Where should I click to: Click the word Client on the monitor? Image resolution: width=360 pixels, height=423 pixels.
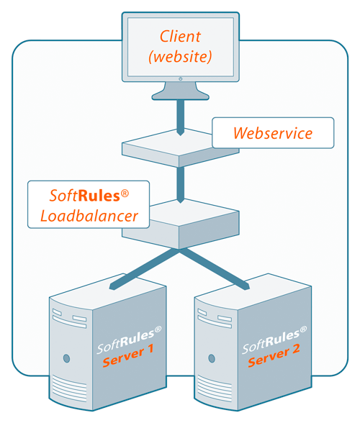click(180, 37)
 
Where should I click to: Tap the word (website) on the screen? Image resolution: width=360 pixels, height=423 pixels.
click(180, 57)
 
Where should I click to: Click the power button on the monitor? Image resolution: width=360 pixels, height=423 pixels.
click(181, 79)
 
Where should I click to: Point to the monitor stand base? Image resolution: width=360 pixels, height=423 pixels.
click(181, 95)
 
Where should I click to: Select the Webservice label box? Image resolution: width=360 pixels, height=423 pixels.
click(273, 132)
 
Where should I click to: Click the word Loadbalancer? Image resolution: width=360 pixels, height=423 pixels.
click(89, 216)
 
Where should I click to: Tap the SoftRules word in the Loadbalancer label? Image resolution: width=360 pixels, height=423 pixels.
click(84, 196)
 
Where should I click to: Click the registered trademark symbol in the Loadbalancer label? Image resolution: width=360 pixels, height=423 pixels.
click(125, 193)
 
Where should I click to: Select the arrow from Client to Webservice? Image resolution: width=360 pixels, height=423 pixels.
click(181, 118)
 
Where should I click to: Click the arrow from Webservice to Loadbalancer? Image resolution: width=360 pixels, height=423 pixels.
click(181, 185)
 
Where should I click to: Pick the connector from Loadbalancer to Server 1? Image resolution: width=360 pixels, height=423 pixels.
click(144, 269)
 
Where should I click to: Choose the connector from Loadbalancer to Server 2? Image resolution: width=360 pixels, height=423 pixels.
click(215, 269)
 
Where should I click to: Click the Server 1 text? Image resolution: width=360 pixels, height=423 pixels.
click(128, 355)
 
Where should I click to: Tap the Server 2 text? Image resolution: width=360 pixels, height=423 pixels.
click(274, 355)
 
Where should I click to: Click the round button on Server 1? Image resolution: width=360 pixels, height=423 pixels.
click(66, 358)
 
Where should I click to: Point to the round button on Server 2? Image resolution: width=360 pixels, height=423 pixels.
click(212, 358)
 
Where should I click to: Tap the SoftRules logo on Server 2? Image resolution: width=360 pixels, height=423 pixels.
click(274, 340)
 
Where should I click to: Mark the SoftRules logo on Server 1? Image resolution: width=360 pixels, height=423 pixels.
click(129, 340)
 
